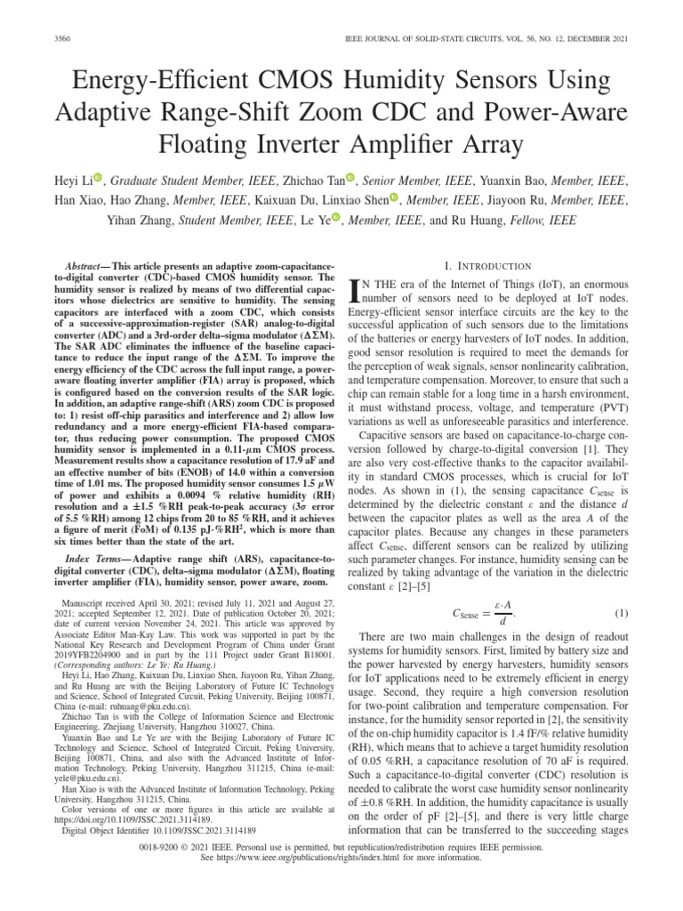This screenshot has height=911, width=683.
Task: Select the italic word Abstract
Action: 86,267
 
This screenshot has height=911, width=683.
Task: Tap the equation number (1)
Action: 621,613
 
